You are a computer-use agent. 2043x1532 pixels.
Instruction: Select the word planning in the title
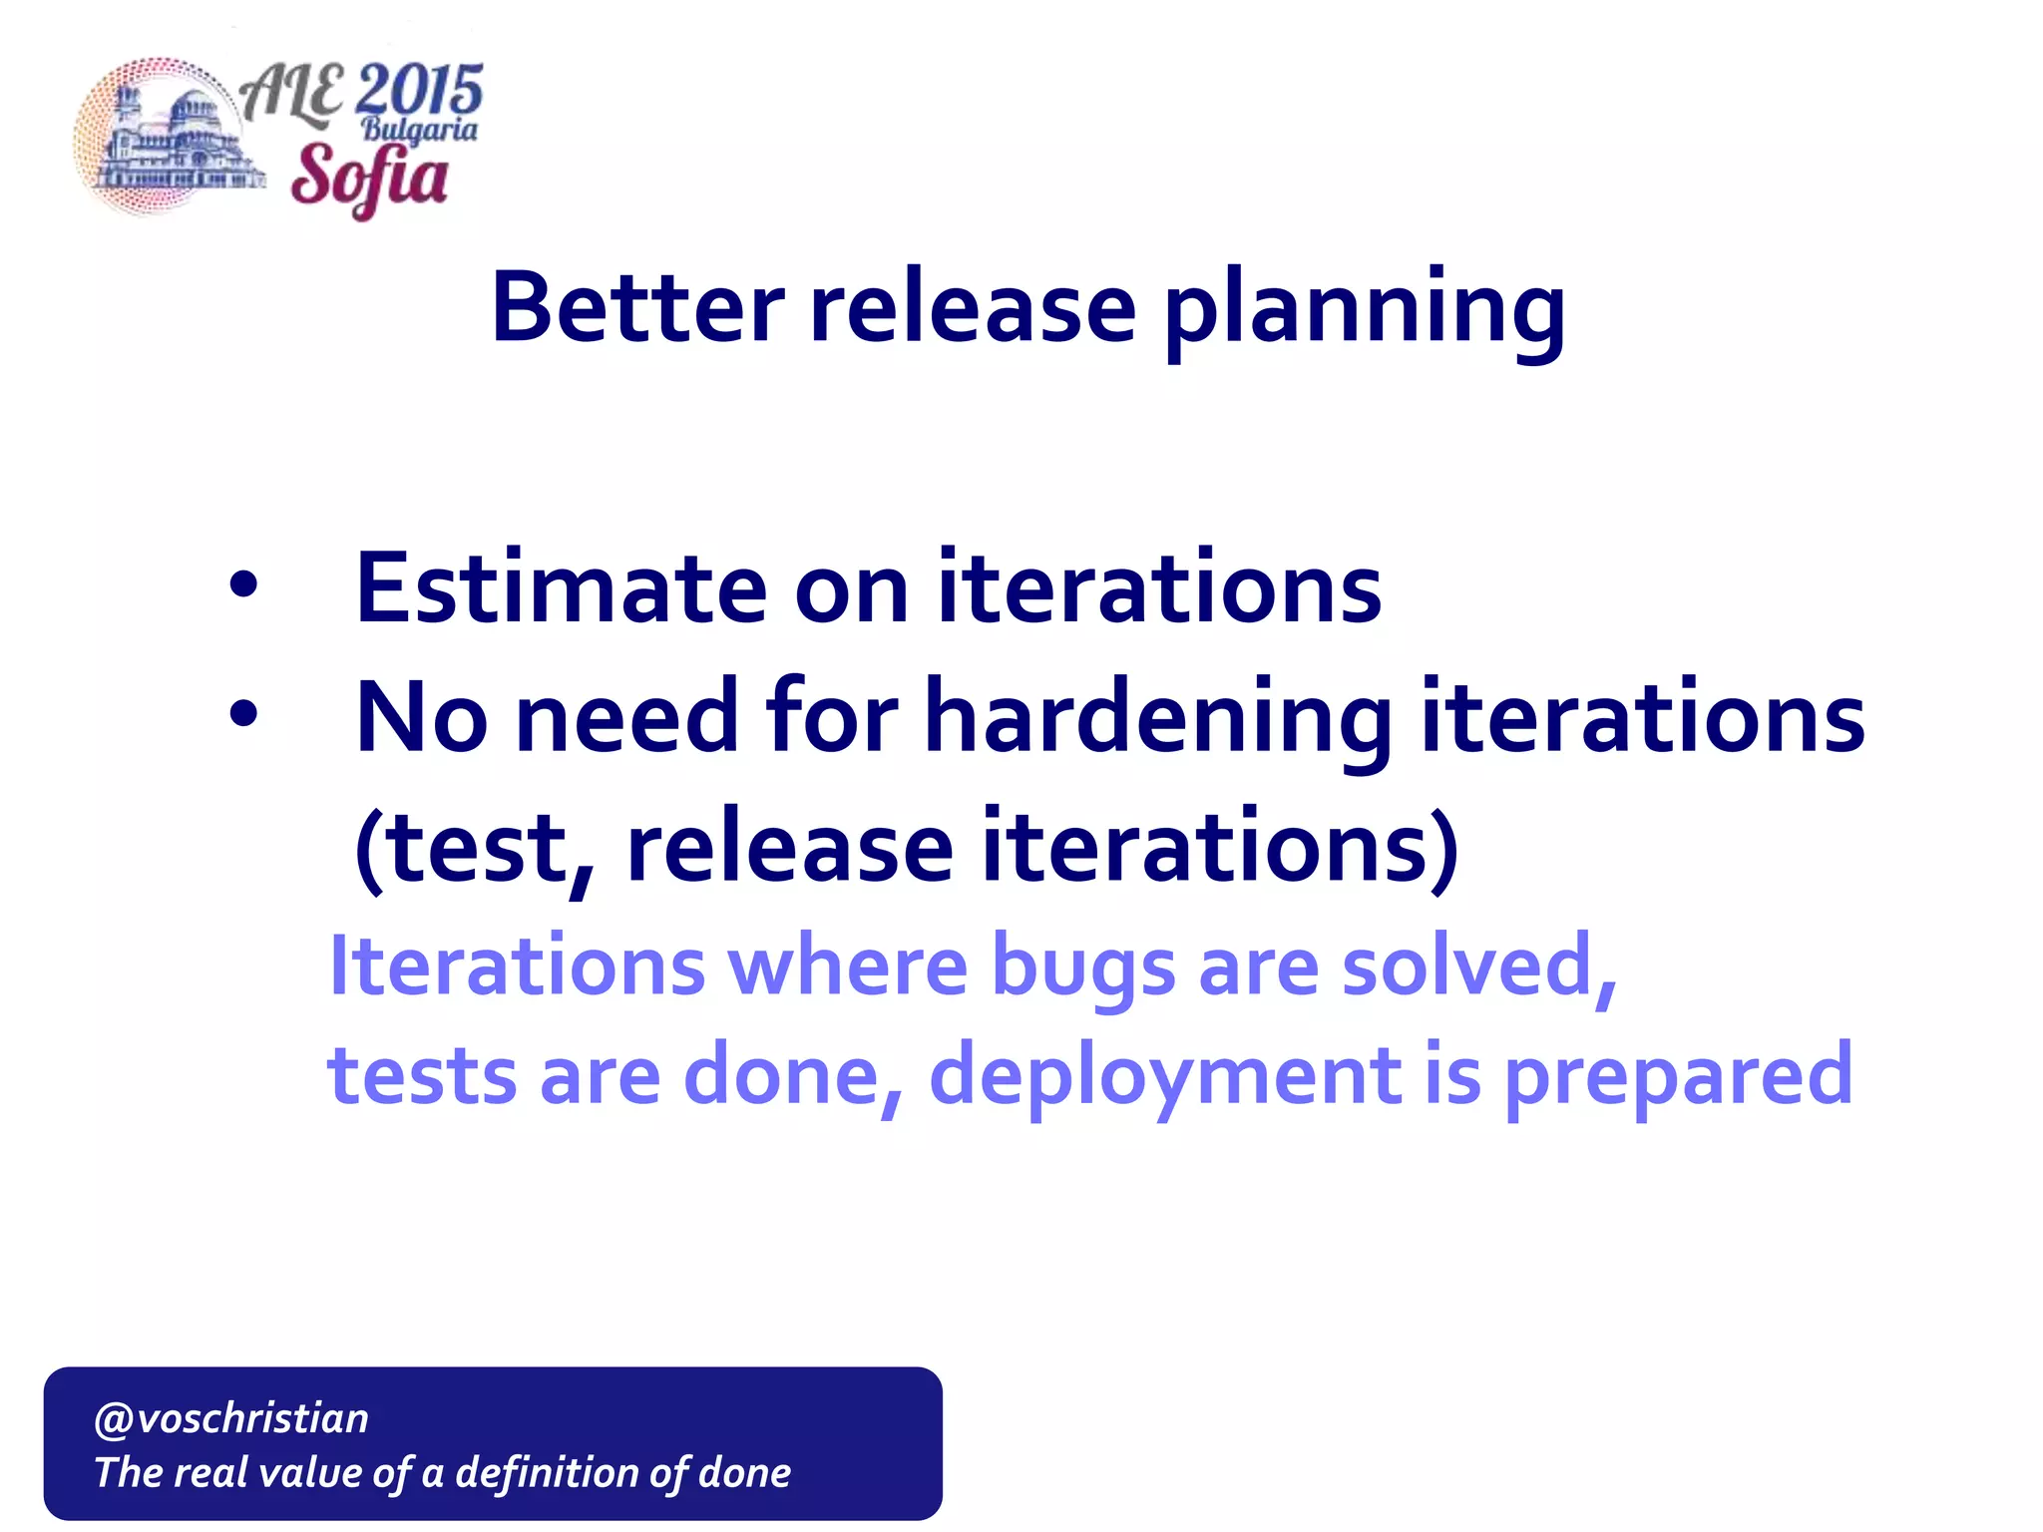pos(1364,311)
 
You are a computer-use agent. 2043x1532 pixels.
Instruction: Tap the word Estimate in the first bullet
pos(561,588)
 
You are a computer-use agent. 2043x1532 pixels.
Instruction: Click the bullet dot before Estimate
pos(242,586)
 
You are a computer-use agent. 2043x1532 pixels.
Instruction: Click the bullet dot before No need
pos(242,714)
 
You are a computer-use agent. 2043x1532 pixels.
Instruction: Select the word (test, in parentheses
pos(476,848)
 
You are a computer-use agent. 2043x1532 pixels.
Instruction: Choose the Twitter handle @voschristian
pos(230,1417)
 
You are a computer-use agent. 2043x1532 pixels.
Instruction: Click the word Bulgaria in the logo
pos(419,130)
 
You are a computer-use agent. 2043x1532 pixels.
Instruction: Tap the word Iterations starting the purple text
pos(517,965)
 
